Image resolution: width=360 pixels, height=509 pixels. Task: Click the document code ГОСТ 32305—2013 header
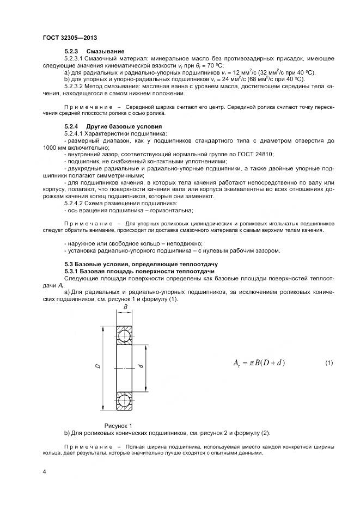tap(70, 38)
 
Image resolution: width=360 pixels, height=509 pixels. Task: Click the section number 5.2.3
tap(72, 51)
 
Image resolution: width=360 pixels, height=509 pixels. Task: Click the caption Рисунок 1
tap(118, 425)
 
